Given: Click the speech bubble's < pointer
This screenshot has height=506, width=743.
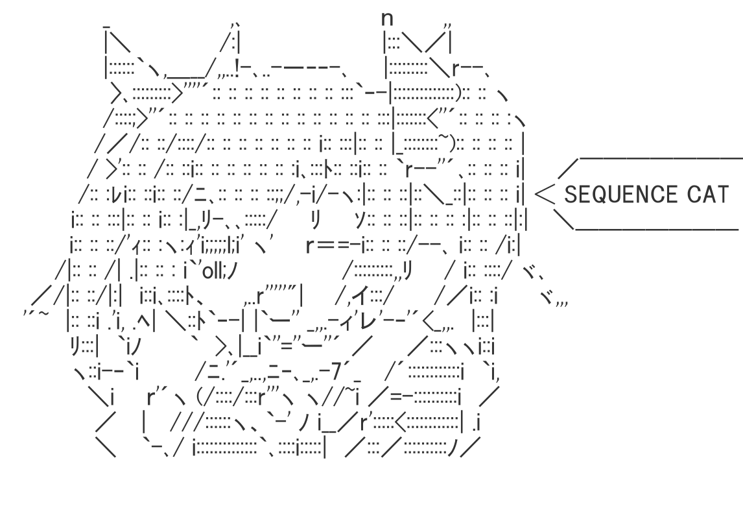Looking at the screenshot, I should [548, 192].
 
